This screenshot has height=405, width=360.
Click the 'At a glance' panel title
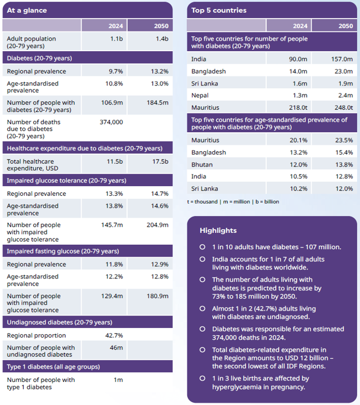coord(27,10)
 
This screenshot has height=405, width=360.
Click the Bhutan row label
coord(202,164)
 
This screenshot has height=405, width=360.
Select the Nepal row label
coord(200,96)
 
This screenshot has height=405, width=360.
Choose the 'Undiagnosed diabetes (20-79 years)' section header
coord(59,322)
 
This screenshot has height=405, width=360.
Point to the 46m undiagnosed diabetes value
coord(116,348)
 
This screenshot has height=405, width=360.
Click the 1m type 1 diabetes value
coord(118,380)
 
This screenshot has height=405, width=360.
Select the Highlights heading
coord(218,231)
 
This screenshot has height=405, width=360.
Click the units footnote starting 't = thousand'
coord(233,201)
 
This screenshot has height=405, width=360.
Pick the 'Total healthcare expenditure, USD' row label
coord(33,164)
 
